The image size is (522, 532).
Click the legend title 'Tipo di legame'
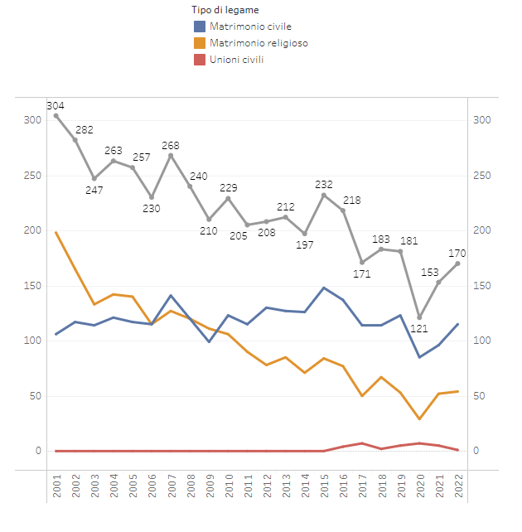click(225, 9)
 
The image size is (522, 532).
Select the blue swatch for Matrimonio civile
click(199, 27)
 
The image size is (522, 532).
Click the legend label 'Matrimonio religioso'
click(259, 42)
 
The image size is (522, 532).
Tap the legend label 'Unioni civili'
click(237, 59)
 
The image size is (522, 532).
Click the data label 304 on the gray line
click(56, 105)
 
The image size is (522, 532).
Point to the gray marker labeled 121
click(419, 317)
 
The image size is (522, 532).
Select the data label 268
click(171, 146)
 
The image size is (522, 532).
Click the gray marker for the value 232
click(324, 195)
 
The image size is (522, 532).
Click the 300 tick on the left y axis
click(32, 120)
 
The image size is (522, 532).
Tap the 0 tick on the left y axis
click(37, 451)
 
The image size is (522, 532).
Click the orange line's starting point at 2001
click(56, 233)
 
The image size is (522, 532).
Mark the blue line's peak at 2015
click(324, 288)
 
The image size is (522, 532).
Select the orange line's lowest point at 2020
click(419, 419)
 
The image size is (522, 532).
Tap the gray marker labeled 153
click(438, 283)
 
